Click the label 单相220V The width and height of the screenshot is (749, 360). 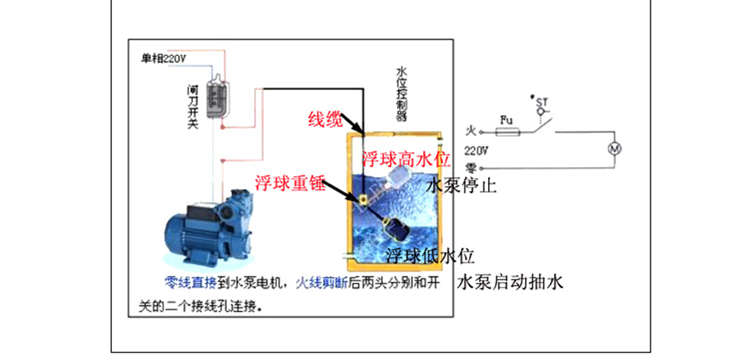click(x=163, y=57)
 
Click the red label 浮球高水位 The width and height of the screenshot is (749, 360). click(x=406, y=159)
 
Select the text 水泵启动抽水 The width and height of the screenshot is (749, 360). click(x=511, y=284)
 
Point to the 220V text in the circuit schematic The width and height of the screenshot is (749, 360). click(x=476, y=150)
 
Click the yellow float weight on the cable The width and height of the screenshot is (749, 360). click(x=363, y=199)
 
